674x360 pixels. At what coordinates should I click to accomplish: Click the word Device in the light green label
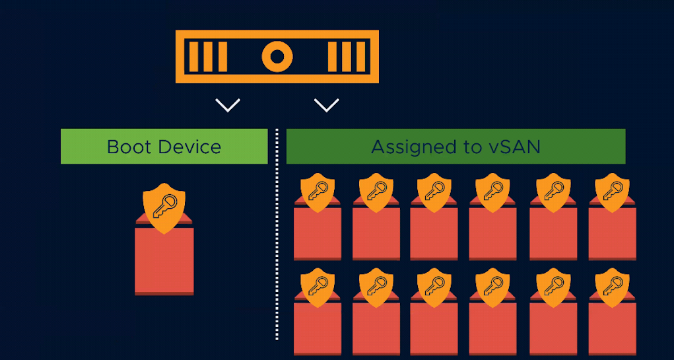pos(189,147)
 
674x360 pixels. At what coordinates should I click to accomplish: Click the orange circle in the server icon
pos(277,56)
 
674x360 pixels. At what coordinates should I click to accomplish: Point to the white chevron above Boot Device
pos(228,105)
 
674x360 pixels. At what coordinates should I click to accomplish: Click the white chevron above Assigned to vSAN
pos(327,105)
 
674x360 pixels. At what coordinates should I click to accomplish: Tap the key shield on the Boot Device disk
pos(164,208)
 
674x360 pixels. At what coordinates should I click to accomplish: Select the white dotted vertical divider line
pos(277,234)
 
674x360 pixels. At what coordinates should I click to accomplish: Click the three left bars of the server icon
pos(208,56)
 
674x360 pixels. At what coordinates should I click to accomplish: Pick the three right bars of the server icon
pos(347,56)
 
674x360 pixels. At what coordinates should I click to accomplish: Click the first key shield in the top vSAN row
pos(318,192)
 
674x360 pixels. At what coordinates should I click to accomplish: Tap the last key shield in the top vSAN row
pos(612,192)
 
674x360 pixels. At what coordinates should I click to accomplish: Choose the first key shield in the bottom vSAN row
pos(318,287)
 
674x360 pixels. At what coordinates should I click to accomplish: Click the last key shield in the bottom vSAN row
pos(612,287)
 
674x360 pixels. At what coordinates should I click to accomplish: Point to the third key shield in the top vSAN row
pos(434,192)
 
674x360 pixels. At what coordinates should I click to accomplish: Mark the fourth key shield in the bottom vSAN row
pos(492,287)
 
